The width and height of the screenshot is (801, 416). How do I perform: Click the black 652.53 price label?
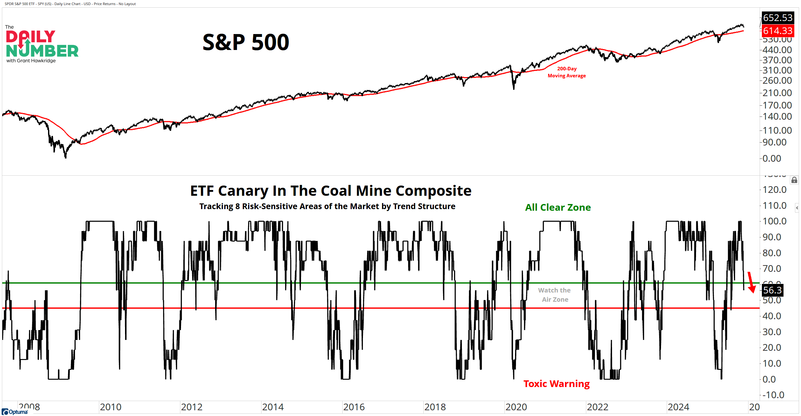[777, 18]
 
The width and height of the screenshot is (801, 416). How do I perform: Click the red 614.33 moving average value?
[777, 31]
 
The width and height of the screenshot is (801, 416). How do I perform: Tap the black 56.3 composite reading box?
[772, 290]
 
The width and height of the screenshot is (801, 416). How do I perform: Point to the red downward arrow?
[751, 282]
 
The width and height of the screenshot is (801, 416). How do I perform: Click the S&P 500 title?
[246, 42]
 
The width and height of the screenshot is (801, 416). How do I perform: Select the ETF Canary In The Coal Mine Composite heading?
[331, 191]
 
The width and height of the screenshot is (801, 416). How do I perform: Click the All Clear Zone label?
[558, 208]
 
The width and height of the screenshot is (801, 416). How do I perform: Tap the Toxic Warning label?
[556, 384]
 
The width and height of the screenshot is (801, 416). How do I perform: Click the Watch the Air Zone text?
[554, 295]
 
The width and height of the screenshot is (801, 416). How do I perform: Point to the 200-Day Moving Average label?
[567, 72]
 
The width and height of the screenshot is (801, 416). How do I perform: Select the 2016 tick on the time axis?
[354, 407]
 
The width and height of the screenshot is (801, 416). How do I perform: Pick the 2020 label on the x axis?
[516, 407]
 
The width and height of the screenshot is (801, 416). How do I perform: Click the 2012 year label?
[192, 407]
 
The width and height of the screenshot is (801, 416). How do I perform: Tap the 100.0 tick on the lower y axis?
[774, 221]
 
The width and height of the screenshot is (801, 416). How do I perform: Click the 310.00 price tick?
[777, 70]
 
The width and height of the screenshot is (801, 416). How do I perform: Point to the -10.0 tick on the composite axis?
[773, 395]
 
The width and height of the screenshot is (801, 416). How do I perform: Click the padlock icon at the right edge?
[794, 180]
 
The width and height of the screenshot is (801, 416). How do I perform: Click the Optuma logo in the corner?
[15, 412]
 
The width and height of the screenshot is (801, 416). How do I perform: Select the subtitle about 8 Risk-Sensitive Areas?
[327, 207]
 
